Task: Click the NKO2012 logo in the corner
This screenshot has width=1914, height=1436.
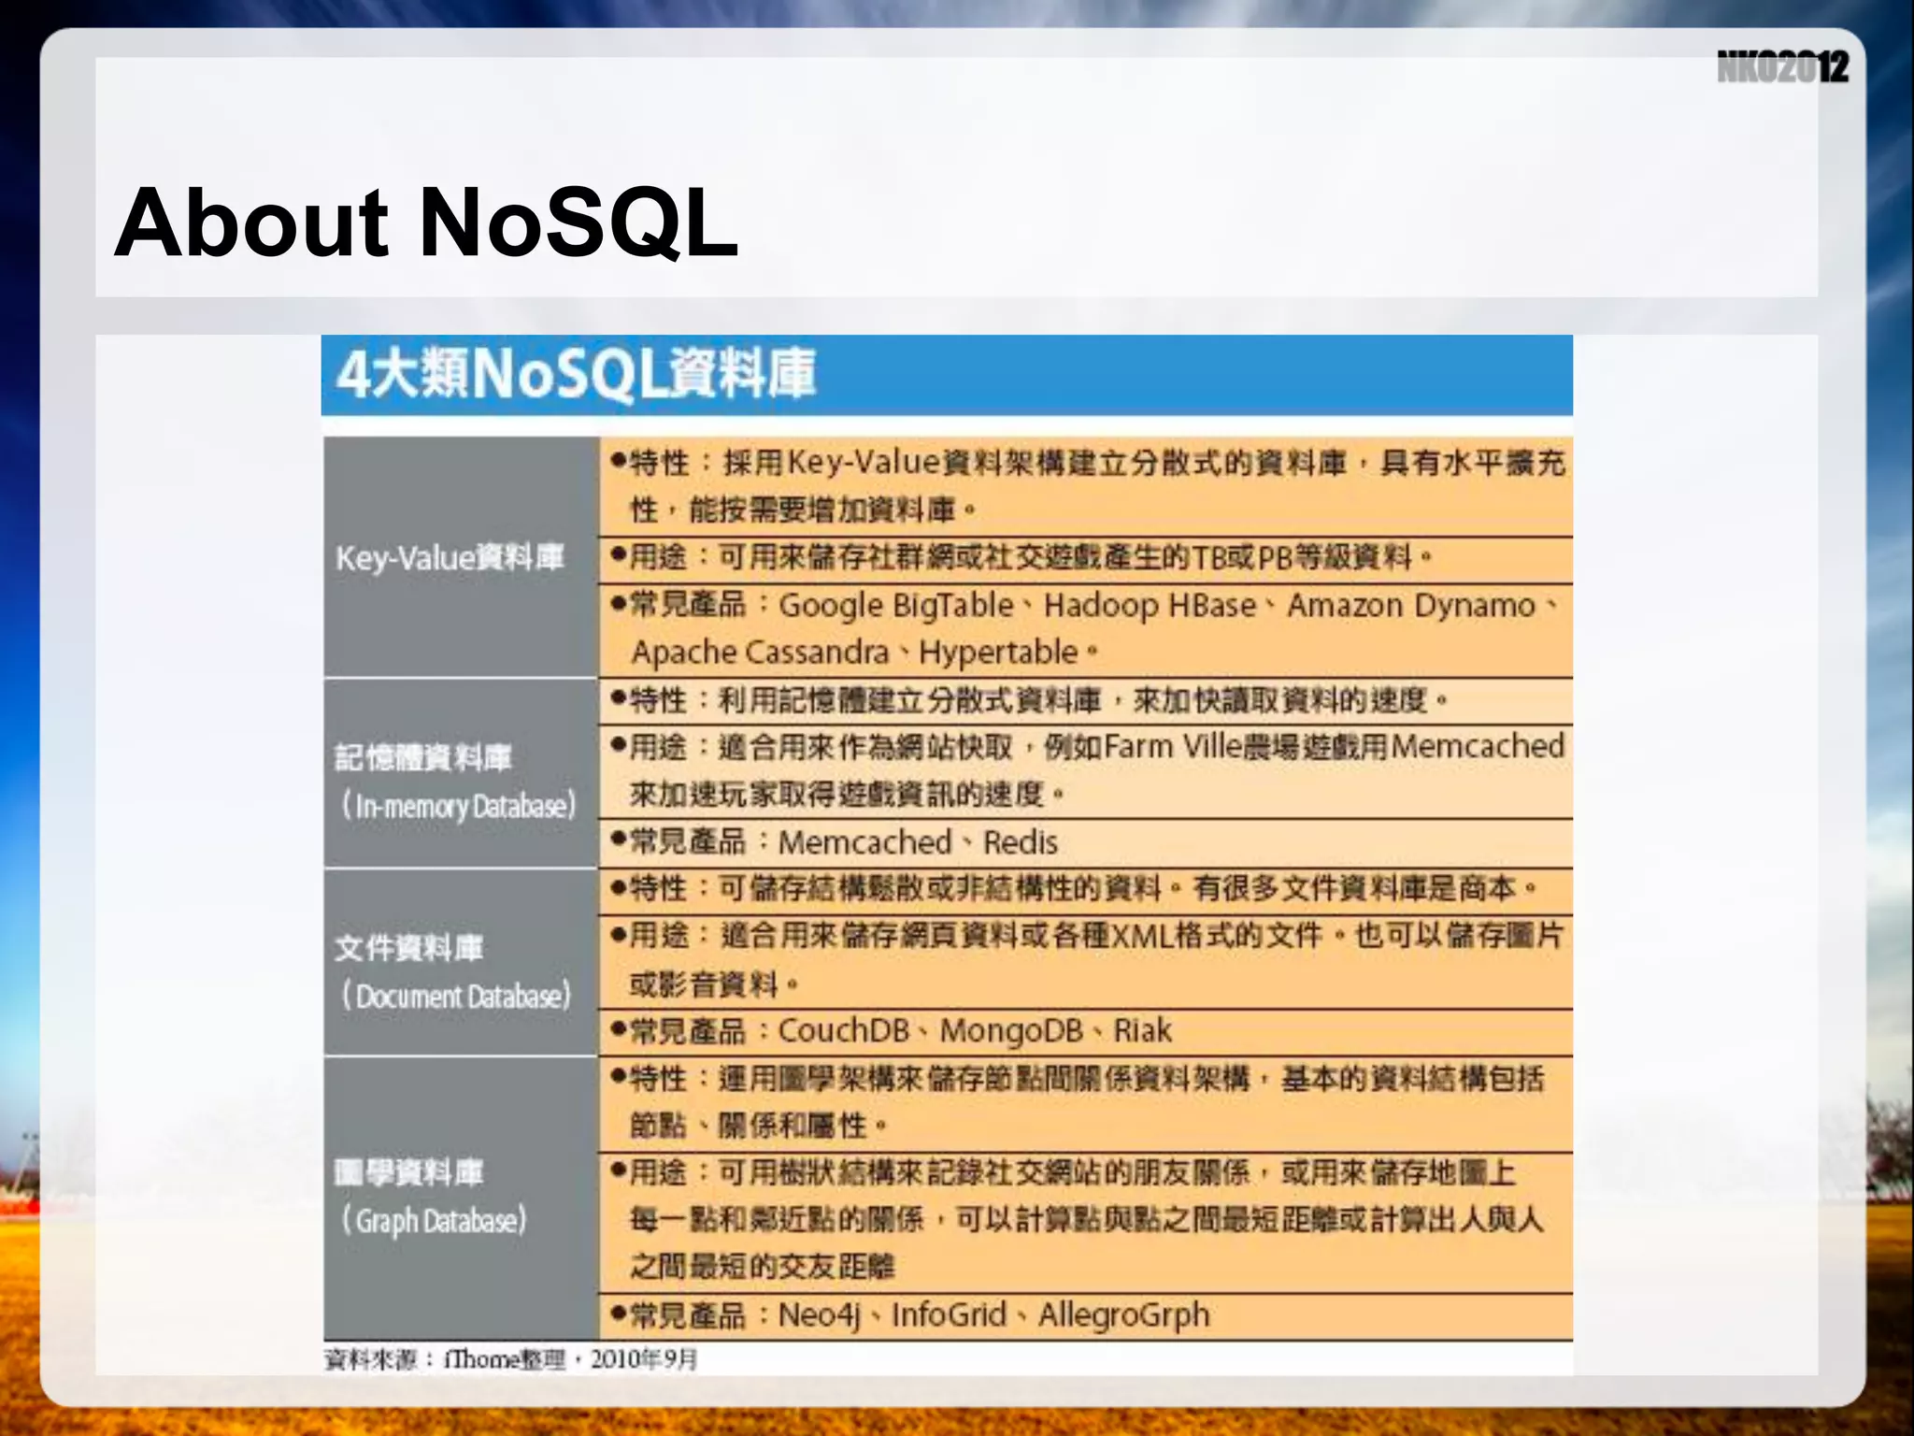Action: (1782, 67)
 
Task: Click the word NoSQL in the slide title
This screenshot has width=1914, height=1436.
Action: (578, 223)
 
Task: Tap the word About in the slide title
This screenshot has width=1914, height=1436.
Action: (250, 223)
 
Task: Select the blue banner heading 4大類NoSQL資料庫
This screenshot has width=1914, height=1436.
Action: (576, 374)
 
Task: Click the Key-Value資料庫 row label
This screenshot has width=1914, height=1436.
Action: (450, 558)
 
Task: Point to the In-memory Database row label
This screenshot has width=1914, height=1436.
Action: (458, 805)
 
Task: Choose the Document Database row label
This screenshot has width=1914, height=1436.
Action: (455, 996)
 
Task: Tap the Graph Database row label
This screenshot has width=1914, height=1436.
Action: (434, 1220)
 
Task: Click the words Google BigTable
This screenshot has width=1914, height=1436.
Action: (896, 606)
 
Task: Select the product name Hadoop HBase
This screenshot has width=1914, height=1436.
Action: (1150, 606)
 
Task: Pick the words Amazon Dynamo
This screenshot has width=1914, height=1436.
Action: (1411, 606)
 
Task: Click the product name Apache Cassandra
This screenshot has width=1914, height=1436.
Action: (760, 653)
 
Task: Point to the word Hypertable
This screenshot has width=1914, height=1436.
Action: (998, 653)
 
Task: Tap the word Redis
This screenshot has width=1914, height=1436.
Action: (1021, 842)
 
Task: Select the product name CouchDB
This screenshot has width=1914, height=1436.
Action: (844, 1031)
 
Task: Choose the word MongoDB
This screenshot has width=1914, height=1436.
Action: (1011, 1031)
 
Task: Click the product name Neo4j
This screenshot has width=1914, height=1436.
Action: (819, 1315)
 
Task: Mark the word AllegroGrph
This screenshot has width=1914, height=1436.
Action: (1123, 1315)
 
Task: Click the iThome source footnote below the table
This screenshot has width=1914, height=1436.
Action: (510, 1359)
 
